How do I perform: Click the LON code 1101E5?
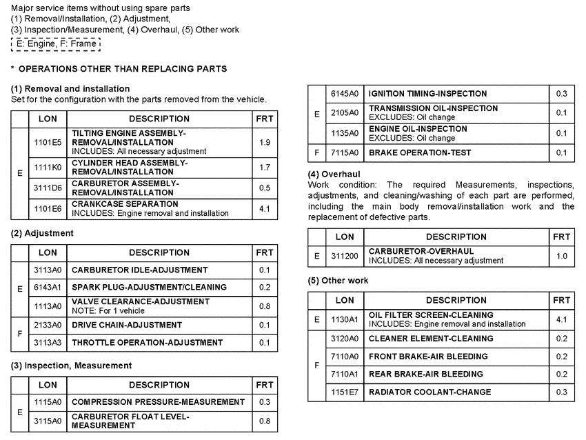coord(48,142)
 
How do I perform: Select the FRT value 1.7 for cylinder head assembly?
coord(265,167)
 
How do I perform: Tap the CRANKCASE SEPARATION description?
coord(125,204)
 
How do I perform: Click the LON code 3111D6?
coord(48,188)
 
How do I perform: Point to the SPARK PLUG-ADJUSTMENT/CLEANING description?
coord(149,287)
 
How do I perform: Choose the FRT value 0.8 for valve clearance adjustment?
coord(265,306)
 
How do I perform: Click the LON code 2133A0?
coord(48,325)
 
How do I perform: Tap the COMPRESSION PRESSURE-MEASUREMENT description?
coord(158,401)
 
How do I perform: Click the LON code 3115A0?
coord(48,420)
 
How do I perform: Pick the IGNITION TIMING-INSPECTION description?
coord(427,94)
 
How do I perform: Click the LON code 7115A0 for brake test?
coord(344,152)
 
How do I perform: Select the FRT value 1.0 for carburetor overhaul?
coord(562,256)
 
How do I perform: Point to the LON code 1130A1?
coord(344,319)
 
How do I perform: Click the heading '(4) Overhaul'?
coord(334,174)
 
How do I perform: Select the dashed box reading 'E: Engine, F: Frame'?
coord(56,43)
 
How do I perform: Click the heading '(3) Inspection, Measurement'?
coord(71,366)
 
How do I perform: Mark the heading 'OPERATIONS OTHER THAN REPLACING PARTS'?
coord(123,69)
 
